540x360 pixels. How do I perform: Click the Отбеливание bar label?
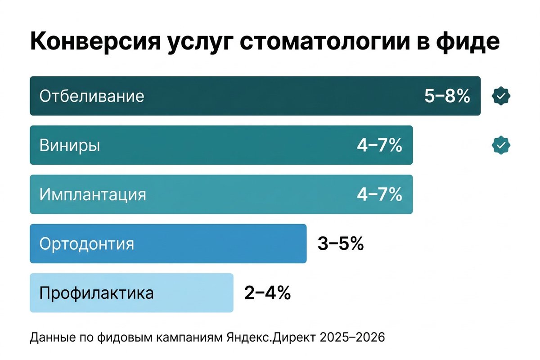(x=92, y=96)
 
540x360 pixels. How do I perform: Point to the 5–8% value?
(x=447, y=96)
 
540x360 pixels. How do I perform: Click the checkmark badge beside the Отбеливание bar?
(x=501, y=95)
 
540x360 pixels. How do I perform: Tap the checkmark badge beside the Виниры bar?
(x=501, y=145)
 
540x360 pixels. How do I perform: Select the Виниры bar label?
(x=70, y=145)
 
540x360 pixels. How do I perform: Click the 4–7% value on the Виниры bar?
(x=379, y=145)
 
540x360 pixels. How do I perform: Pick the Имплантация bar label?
(x=93, y=195)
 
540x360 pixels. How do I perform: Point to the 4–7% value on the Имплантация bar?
(x=379, y=195)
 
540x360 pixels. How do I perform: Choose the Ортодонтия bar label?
(x=86, y=244)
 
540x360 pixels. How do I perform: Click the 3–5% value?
(x=340, y=244)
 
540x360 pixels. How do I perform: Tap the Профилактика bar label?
(x=96, y=293)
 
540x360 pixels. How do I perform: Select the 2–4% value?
(x=267, y=293)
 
